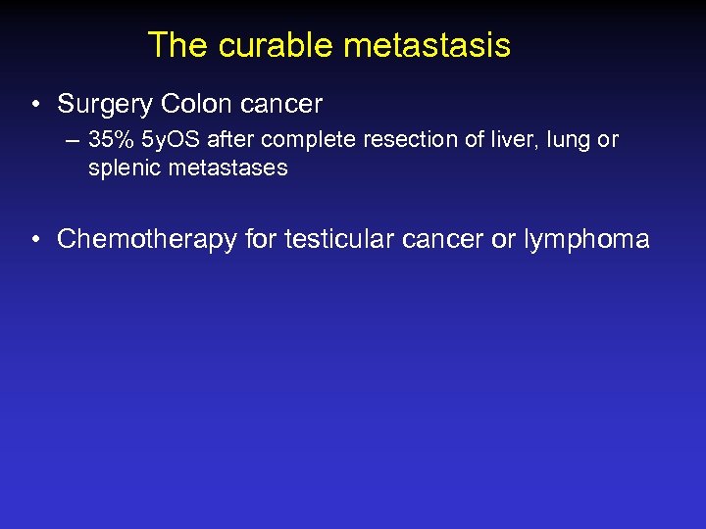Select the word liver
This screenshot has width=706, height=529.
click(x=494, y=140)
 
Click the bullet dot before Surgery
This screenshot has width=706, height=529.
click(x=36, y=104)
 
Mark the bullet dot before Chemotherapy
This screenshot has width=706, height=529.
click(x=36, y=239)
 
